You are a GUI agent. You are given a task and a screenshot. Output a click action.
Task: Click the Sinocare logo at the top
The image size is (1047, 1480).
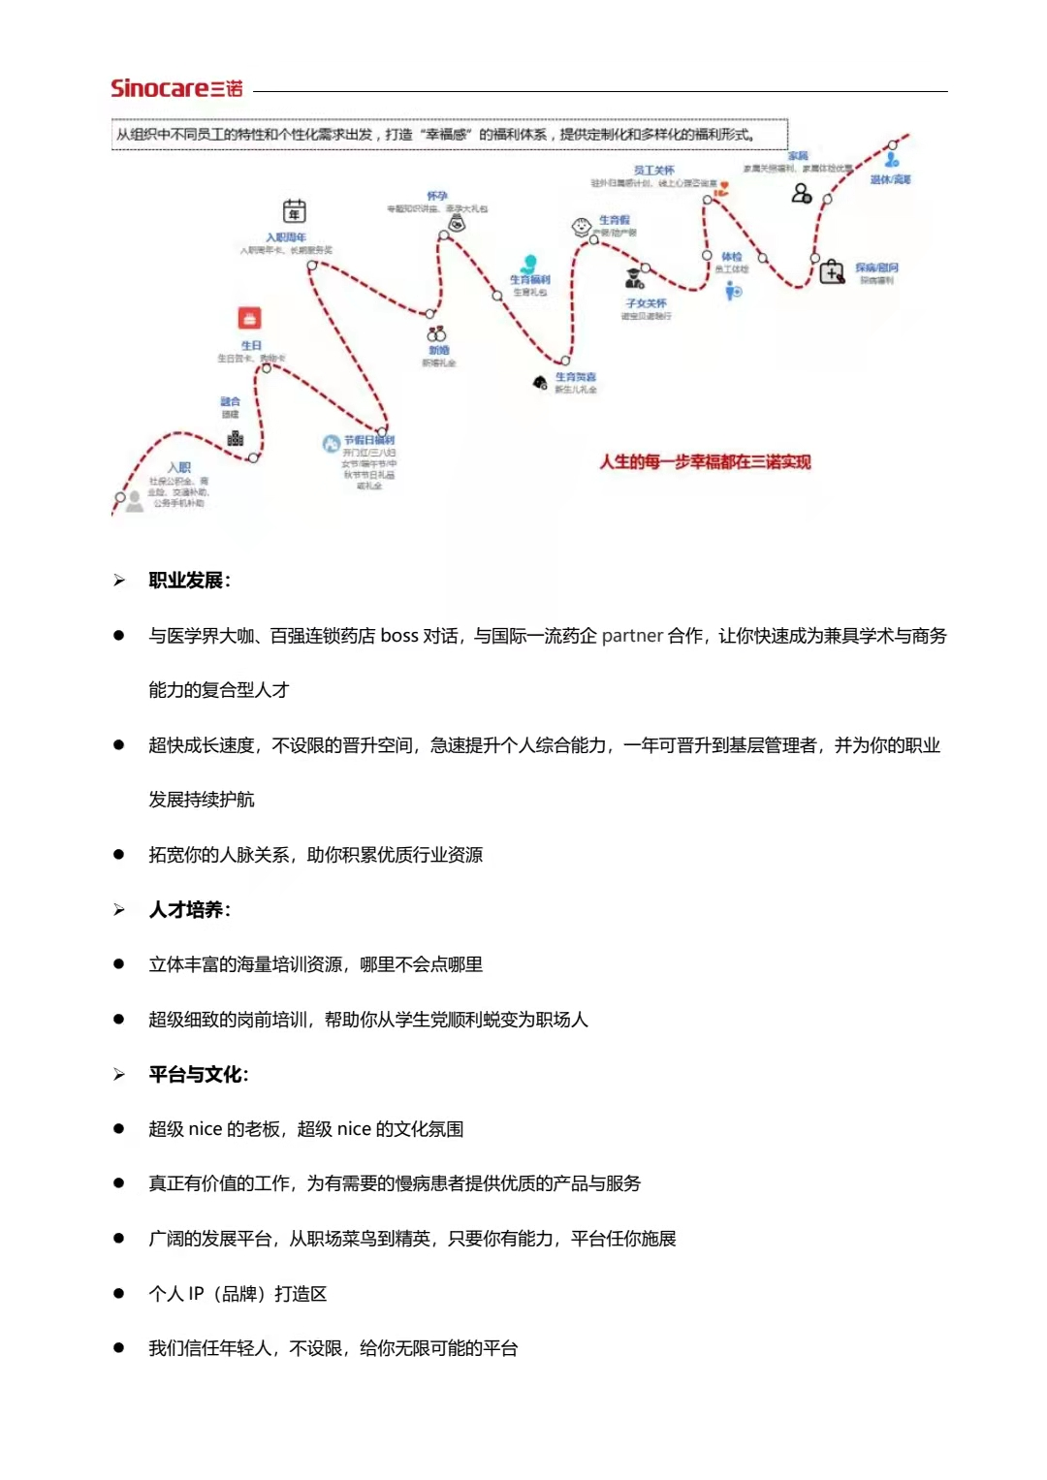(176, 88)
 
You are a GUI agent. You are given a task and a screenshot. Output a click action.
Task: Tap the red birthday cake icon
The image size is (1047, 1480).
(249, 318)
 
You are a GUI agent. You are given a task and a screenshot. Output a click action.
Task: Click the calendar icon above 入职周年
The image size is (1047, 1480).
(294, 211)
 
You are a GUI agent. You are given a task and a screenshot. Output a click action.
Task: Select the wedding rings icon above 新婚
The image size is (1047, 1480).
(436, 334)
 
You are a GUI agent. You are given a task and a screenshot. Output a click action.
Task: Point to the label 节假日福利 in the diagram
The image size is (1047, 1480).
(369, 440)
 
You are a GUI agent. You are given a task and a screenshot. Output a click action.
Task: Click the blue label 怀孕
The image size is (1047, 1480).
(437, 196)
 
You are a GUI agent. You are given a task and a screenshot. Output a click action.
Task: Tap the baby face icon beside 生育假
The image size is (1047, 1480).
(582, 227)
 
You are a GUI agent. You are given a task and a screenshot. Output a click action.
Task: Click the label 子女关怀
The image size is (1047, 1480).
(646, 303)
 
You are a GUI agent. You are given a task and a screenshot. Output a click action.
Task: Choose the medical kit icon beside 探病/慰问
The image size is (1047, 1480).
(832, 272)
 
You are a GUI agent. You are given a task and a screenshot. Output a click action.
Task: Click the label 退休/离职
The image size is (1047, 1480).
(890, 179)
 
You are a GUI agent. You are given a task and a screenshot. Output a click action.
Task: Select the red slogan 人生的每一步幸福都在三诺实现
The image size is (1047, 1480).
(705, 462)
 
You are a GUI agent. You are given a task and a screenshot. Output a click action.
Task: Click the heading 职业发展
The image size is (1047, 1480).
(189, 581)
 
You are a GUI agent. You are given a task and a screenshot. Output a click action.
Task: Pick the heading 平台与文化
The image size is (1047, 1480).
(198, 1075)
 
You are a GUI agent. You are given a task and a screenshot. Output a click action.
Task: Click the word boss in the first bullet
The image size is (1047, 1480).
(399, 636)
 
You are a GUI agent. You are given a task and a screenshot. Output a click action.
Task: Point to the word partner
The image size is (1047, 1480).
(632, 636)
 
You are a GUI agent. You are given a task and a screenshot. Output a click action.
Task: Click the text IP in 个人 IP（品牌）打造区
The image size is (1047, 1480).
(196, 1294)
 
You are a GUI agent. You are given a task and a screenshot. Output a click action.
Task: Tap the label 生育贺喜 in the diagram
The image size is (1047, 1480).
(576, 377)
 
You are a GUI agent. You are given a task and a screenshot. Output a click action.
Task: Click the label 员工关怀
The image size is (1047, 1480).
(654, 171)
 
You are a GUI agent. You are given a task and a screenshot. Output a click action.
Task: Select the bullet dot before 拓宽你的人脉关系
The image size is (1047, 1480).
(119, 855)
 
